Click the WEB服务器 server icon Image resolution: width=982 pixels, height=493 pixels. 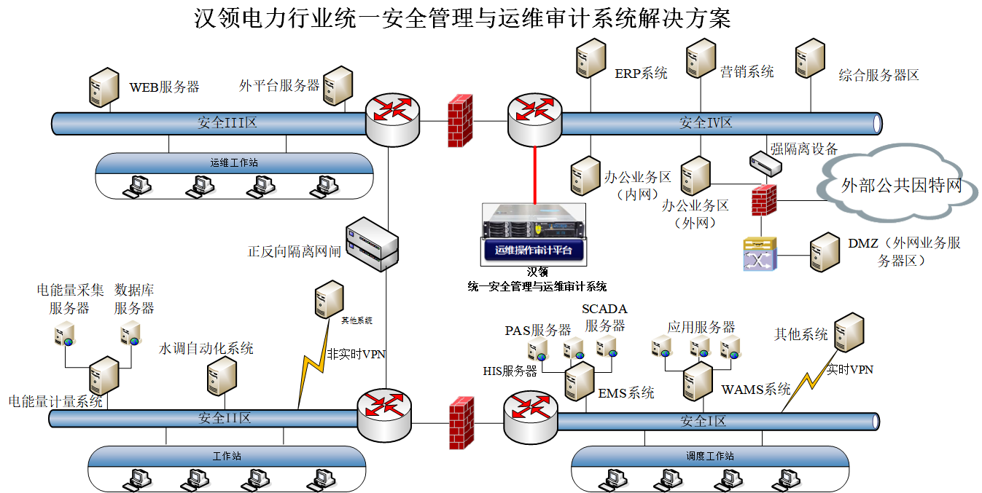[104, 88]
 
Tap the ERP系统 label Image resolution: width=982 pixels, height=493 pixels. [641, 73]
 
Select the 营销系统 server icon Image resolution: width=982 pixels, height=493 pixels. [701, 58]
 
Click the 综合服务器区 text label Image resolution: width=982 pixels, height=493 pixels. [878, 75]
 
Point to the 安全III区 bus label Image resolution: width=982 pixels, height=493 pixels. [227, 122]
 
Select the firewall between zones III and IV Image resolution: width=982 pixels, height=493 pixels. [460, 120]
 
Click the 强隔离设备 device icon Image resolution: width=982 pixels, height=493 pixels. [765, 164]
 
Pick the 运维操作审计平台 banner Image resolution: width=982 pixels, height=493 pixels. [534, 251]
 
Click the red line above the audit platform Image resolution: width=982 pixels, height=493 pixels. [534, 175]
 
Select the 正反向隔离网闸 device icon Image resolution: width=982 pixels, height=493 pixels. [373, 243]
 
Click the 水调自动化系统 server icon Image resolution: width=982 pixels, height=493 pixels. [222, 376]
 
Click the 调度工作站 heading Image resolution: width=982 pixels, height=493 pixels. [709, 456]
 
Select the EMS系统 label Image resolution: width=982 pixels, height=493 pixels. [626, 393]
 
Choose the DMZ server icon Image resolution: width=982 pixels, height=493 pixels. [825, 252]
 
